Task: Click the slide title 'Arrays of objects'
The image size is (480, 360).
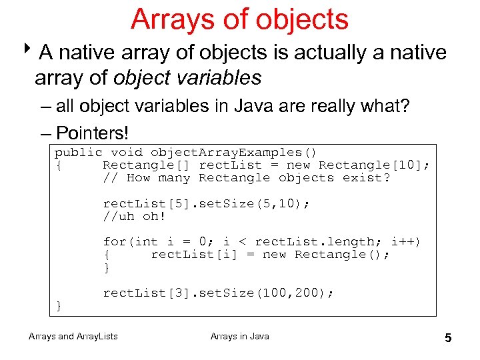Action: pyautogui.click(x=239, y=19)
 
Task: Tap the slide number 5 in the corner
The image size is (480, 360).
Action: pyautogui.click(x=448, y=338)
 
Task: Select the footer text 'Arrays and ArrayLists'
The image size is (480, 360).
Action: pyautogui.click(x=73, y=337)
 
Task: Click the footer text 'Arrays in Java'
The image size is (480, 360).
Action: pyautogui.click(x=239, y=337)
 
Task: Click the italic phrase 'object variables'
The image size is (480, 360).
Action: pyautogui.click(x=187, y=78)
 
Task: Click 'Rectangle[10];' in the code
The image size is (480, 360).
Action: pyautogui.click(x=373, y=165)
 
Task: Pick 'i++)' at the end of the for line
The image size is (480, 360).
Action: pyautogui.click(x=405, y=242)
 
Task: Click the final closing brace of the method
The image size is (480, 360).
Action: pyautogui.click(x=59, y=305)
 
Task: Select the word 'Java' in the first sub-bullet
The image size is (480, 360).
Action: pyautogui.click(x=263, y=106)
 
